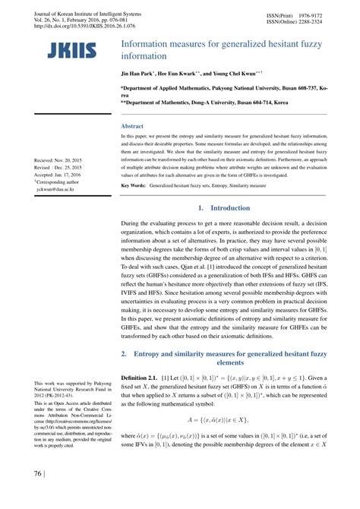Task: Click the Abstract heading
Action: (x=134, y=125)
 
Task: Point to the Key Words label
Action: (x=134, y=185)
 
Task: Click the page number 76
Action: (x=37, y=495)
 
